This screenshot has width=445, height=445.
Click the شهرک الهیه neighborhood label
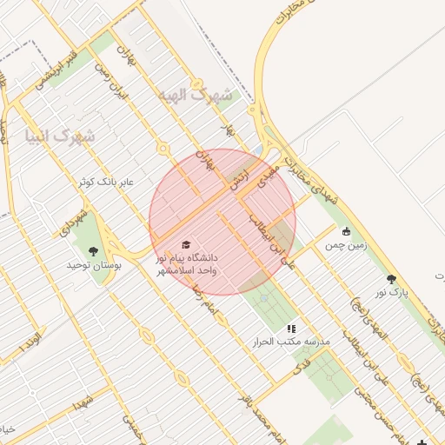point(195,95)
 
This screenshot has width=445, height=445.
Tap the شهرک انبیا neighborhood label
point(61,136)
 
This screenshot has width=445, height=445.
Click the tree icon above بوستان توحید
point(93,251)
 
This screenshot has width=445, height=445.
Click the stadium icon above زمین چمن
point(347,231)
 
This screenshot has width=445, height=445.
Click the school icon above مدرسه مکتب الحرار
point(291,329)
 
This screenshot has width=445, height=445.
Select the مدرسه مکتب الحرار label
point(291,342)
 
